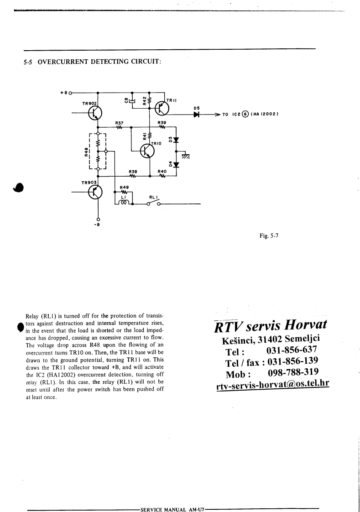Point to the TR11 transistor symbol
(x=161, y=108)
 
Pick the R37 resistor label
(x=119, y=123)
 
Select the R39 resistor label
(x=162, y=123)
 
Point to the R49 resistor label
(x=124, y=187)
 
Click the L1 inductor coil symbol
(x=124, y=202)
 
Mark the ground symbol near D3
(x=186, y=156)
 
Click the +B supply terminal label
(x=63, y=92)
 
